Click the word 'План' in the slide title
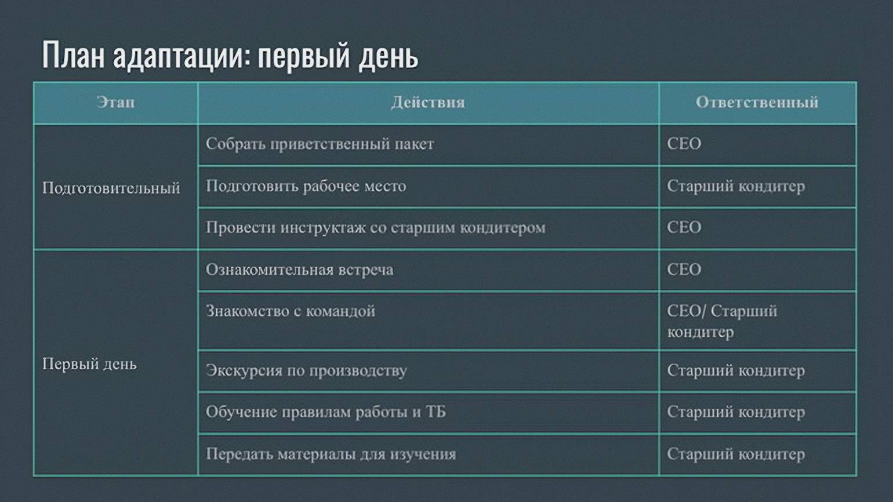pos(74,55)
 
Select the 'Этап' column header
pos(115,103)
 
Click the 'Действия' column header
pos(428,103)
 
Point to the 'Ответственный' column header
pos(757,103)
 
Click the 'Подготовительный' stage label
pos(111,188)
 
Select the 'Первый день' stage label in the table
pos(90,364)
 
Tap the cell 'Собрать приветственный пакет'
pos(320,144)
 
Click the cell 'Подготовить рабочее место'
pos(306,186)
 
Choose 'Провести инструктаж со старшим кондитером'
pos(376,227)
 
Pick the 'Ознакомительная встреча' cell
pos(299,270)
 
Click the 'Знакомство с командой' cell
pos(290,311)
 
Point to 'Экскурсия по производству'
pos(306,370)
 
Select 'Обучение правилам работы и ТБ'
pos(326,412)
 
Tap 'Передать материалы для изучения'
pos(331,454)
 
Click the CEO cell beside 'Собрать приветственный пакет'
pos(684,144)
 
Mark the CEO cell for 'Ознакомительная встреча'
pos(684,270)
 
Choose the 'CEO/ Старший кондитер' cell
pos(722,321)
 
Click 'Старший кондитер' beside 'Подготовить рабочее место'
pos(736,186)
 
